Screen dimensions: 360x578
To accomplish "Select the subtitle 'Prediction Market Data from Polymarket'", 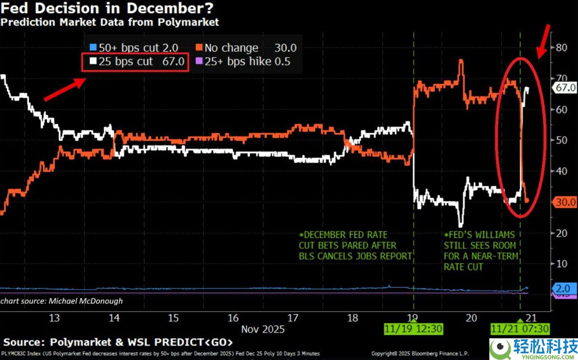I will click(x=110, y=22).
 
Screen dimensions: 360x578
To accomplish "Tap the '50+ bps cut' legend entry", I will click(x=134, y=48).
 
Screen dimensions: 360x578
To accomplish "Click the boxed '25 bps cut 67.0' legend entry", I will click(x=135, y=62).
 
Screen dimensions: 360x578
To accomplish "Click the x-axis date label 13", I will click(x=54, y=318).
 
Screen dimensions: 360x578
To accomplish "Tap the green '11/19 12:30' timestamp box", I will click(x=414, y=330).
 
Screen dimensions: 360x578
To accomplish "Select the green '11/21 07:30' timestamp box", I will click(x=520, y=330).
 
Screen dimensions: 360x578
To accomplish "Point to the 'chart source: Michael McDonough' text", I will click(x=62, y=301).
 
